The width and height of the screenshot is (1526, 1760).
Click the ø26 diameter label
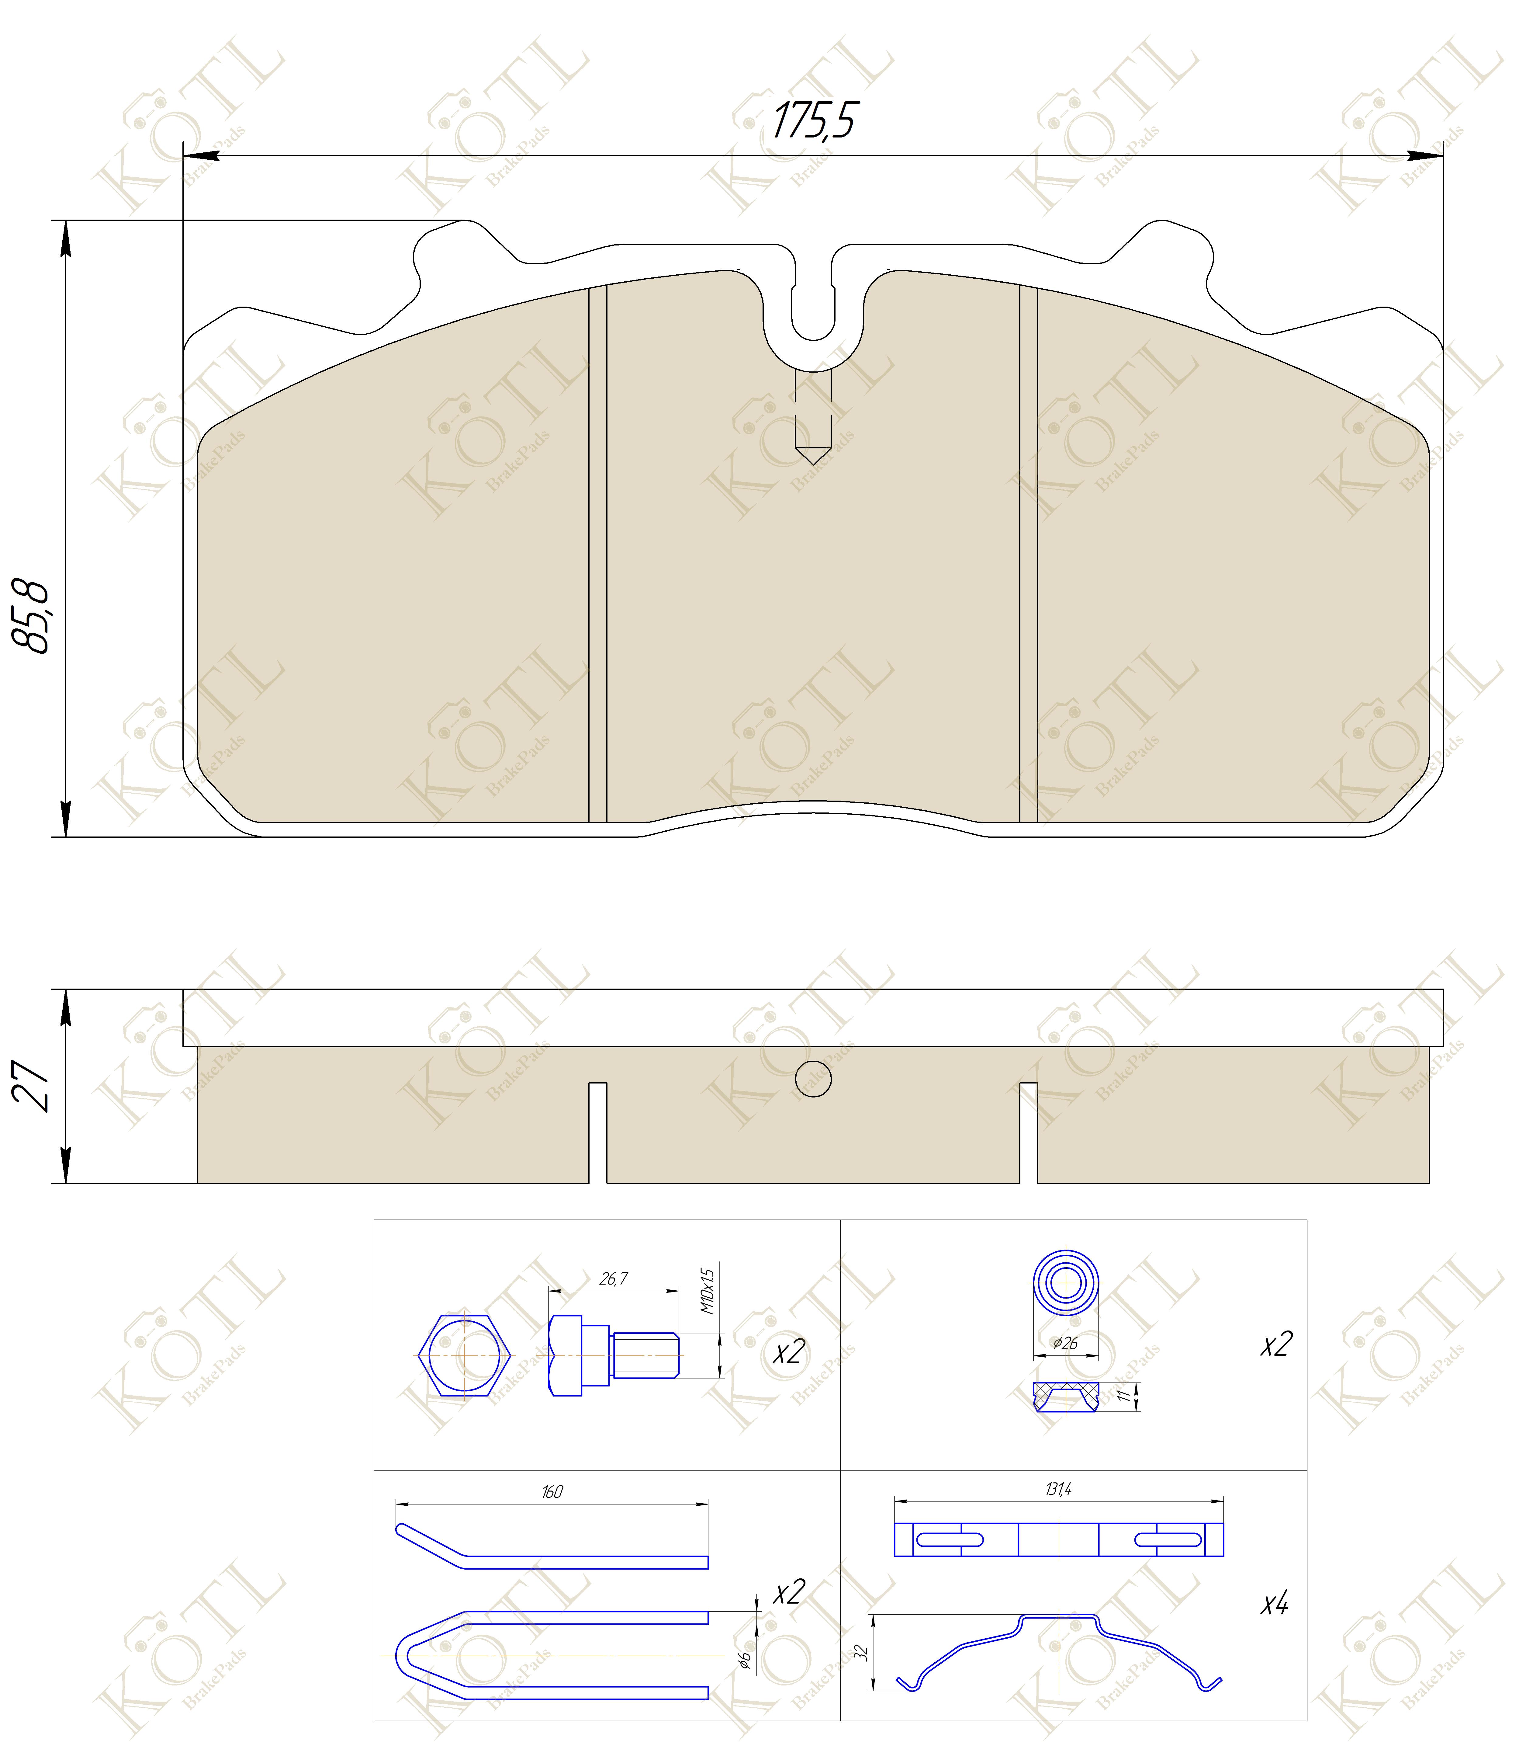(x=1065, y=1344)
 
